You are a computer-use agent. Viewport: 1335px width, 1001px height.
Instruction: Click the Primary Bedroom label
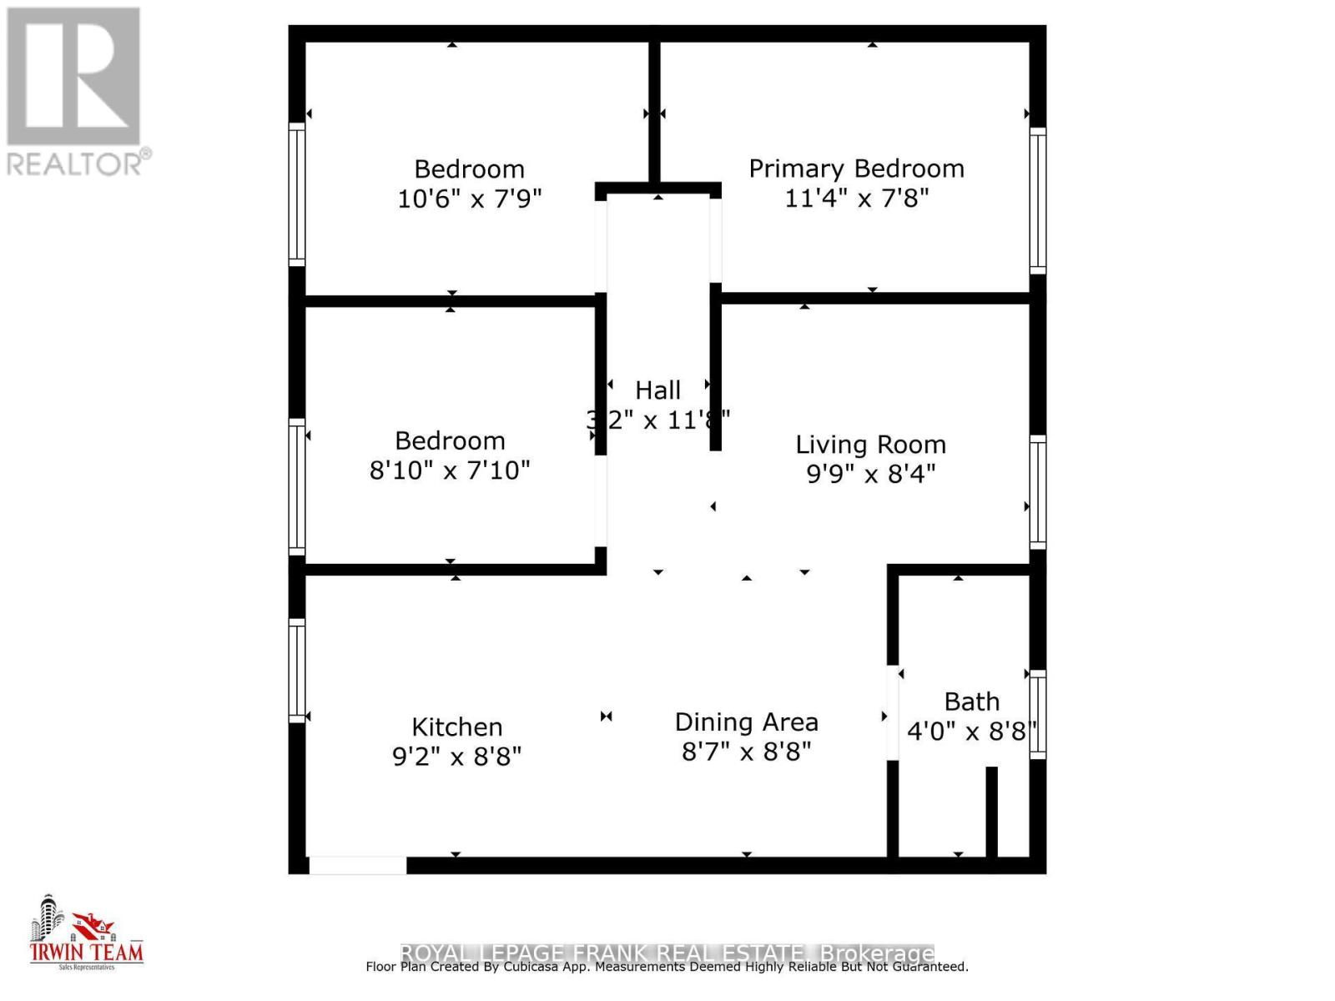click(856, 169)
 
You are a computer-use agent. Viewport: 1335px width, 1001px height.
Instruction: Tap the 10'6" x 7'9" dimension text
click(470, 199)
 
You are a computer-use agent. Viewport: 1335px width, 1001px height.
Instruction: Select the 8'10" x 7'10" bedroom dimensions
click(450, 470)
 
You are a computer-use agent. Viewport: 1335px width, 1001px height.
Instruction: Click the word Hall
click(657, 390)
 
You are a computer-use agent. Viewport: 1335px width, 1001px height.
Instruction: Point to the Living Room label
click(870, 445)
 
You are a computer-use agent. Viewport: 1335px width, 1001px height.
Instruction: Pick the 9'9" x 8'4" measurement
click(870, 474)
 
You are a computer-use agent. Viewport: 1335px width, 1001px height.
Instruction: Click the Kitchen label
click(457, 727)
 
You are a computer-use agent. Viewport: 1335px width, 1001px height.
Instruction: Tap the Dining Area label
click(746, 722)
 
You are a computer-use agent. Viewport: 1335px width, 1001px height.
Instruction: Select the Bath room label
click(971, 702)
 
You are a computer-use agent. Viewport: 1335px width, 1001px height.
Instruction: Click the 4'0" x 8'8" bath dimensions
click(971, 732)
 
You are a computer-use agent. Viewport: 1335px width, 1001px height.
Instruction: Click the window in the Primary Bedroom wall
click(1037, 200)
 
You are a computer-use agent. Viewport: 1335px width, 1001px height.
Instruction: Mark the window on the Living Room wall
click(1037, 492)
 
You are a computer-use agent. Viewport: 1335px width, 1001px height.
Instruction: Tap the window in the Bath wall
click(1037, 714)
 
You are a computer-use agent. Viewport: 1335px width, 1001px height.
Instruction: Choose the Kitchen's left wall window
click(297, 670)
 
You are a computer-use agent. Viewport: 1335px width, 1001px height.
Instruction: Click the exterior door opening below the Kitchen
click(357, 865)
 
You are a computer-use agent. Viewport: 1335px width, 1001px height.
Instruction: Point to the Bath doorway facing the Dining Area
click(892, 712)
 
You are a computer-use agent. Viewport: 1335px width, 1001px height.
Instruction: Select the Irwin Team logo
click(86, 934)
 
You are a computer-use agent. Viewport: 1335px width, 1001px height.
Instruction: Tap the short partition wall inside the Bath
click(991, 812)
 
